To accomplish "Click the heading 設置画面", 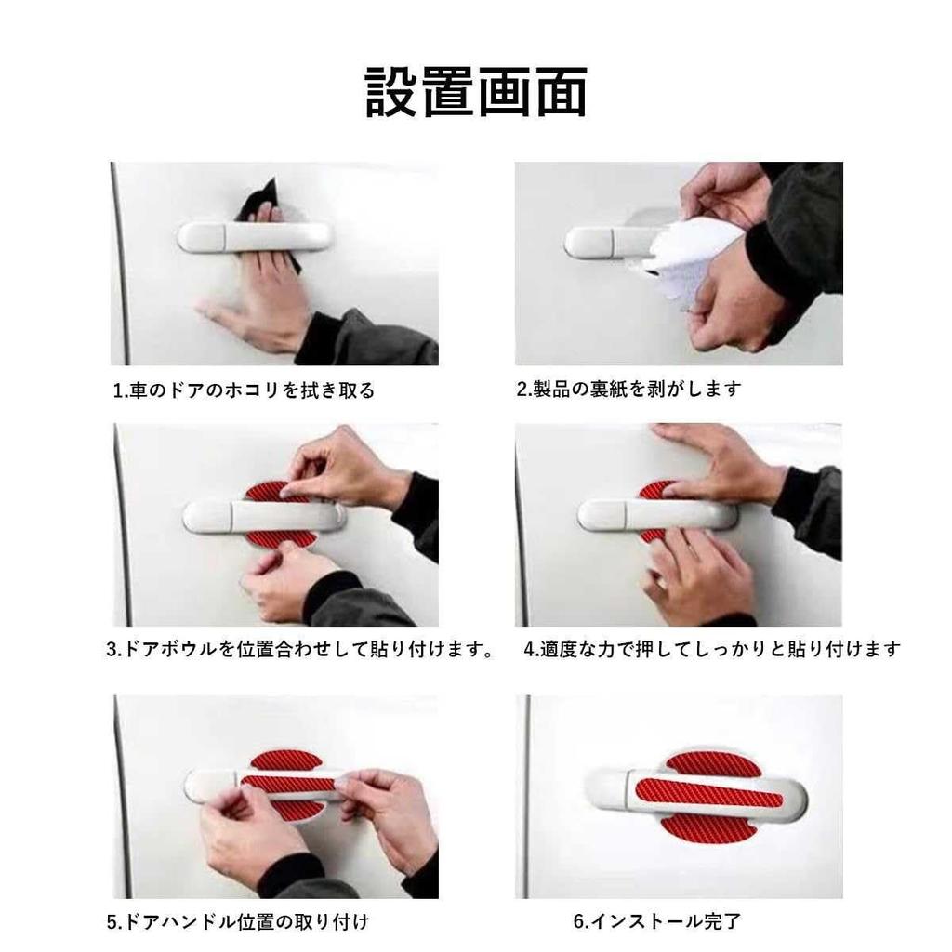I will click(475, 92).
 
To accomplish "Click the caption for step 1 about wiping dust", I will click(244, 390).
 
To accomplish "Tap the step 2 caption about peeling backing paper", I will click(629, 389).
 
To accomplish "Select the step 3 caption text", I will click(299, 649).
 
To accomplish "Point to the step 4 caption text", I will click(712, 649).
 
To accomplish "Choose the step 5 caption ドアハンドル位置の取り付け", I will click(238, 922).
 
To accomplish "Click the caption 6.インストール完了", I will click(657, 922).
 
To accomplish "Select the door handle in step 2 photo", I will click(595, 243).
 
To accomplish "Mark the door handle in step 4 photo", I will click(632, 514).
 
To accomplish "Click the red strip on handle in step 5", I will click(288, 784).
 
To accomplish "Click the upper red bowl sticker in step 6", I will click(714, 762).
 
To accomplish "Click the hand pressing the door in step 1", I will click(260, 297).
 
